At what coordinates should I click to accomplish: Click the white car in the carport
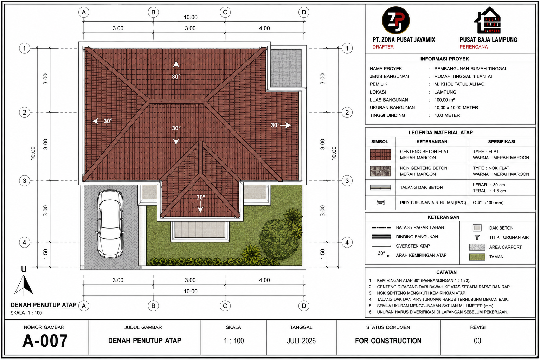coord(110,224)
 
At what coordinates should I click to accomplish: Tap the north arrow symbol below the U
coord(24,285)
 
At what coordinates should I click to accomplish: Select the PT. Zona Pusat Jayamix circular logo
coord(396,20)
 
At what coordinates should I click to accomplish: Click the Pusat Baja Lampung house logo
coord(487,20)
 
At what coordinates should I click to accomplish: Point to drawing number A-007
coord(45,341)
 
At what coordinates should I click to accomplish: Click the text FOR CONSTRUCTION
coord(388,341)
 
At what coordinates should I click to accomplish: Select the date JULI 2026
coord(301,341)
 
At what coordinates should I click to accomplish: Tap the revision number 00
coord(477,341)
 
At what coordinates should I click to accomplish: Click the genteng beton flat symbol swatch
coord(380,155)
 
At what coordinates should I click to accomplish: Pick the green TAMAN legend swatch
coord(477,257)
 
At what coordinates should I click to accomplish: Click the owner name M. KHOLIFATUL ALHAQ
coord(459,84)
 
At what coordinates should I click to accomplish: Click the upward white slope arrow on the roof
coord(176,67)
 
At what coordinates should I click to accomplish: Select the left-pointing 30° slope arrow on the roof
coord(102,121)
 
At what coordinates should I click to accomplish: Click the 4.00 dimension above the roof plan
coord(264,28)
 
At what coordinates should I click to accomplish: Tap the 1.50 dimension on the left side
coord(45,254)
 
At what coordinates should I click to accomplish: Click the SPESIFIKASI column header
coord(501,142)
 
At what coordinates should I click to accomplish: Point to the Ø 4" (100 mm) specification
coord(488,202)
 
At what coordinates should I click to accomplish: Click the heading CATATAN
coord(446,272)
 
